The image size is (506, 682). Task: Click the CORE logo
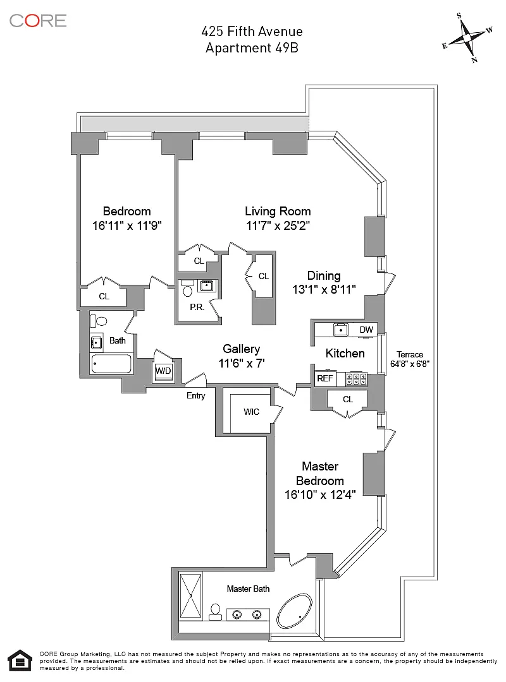(38, 20)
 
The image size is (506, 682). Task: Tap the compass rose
(467, 38)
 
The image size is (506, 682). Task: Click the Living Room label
(278, 212)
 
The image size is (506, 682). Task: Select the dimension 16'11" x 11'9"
(127, 225)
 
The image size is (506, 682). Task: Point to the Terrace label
(410, 354)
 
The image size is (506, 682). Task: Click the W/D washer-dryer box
(163, 371)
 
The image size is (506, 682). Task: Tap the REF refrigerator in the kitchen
(325, 378)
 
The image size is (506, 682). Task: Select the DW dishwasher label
(366, 330)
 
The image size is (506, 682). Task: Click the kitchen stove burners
(356, 380)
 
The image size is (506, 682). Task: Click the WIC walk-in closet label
(252, 412)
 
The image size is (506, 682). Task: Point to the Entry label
(195, 395)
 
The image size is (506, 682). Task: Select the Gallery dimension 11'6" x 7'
(242, 363)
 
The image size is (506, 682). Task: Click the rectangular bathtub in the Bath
(111, 364)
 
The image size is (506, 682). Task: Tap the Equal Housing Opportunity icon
(20, 661)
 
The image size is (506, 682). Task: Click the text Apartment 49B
(252, 48)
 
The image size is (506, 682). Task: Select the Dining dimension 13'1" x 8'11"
(324, 290)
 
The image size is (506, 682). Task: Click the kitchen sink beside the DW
(341, 330)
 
